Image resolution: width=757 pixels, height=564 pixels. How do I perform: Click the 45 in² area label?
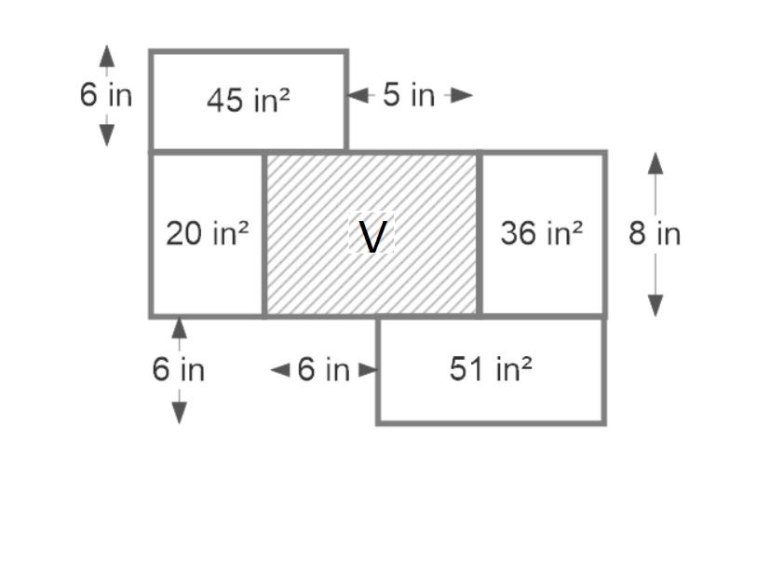point(248,99)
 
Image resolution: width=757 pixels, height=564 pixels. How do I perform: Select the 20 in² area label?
point(207,233)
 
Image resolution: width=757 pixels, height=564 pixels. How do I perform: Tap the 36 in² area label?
point(541,233)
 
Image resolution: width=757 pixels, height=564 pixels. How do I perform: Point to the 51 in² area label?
point(491,369)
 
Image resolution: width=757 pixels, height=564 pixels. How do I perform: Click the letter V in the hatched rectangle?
point(371,237)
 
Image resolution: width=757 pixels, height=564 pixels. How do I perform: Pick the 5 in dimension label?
point(409,95)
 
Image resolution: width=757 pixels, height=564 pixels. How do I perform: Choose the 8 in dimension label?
point(654,233)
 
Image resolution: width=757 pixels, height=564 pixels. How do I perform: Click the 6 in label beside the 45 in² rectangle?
point(105,94)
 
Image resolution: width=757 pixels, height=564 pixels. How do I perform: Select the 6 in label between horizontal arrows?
point(323,370)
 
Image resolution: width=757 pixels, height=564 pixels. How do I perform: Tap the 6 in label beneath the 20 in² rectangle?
point(178,369)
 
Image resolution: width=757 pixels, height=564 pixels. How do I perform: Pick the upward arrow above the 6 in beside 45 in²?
point(107,57)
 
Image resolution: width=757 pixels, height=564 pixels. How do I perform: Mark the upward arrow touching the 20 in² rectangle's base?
point(179,329)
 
